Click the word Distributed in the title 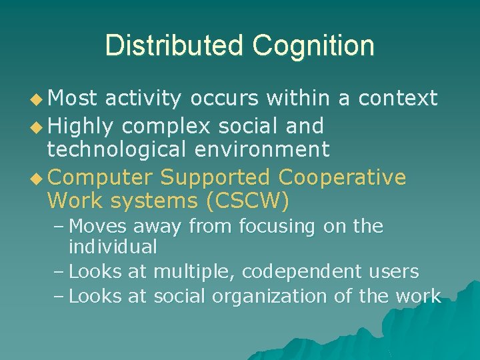(x=174, y=45)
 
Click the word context (x=397, y=99)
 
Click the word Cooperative (x=342, y=178)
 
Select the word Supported (x=215, y=178)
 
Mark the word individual (x=113, y=247)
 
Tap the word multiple (x=194, y=272)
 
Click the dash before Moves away (x=58, y=227)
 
